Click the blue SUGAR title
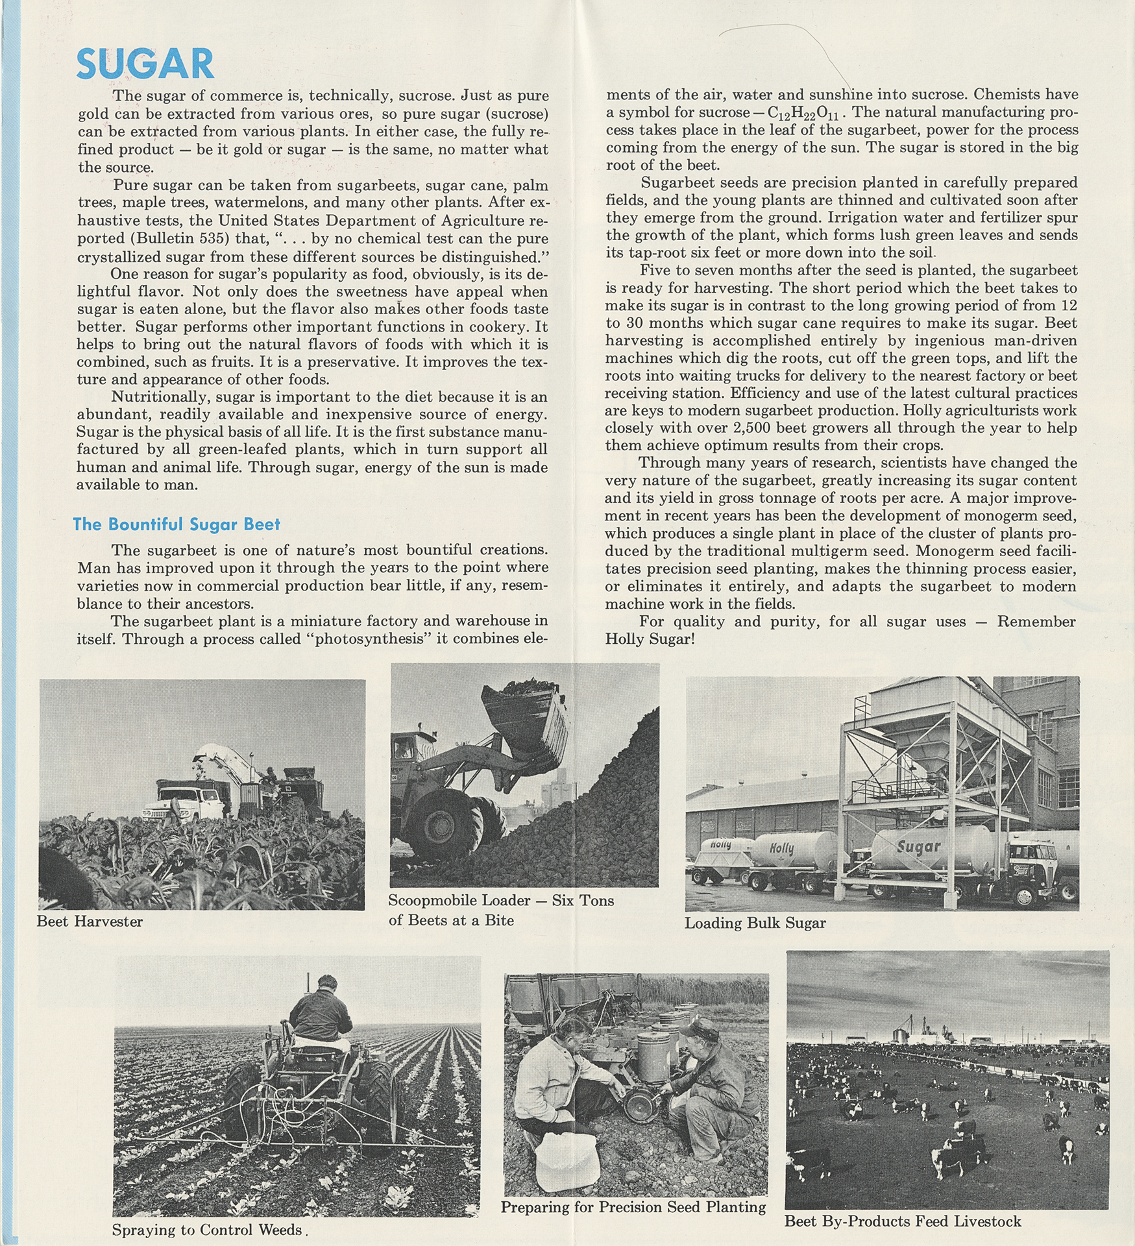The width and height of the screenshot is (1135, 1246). click(x=145, y=64)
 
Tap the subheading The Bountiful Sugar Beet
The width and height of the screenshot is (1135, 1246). click(x=177, y=524)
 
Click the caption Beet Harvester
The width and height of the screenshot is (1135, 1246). click(x=90, y=922)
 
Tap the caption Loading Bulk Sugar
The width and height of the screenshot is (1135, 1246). click(x=755, y=923)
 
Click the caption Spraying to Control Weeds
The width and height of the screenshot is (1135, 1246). click(x=208, y=1230)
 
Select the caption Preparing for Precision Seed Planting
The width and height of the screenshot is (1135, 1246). click(x=633, y=1207)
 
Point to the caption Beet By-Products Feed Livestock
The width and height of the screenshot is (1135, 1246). click(x=903, y=1221)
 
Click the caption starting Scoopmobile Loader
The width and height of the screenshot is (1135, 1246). click(x=501, y=910)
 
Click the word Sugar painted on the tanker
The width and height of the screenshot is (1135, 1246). click(x=918, y=846)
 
